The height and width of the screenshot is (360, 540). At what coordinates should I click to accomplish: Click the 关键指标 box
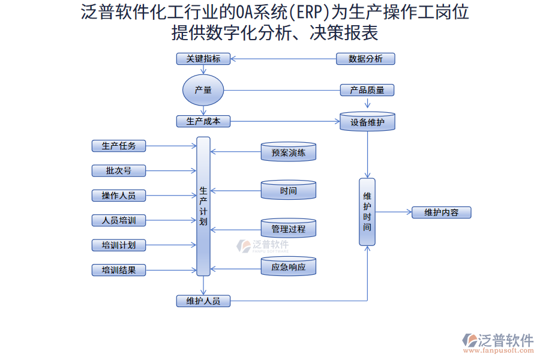pyautogui.click(x=203, y=59)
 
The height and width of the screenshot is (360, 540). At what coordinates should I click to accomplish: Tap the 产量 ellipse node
pyautogui.click(x=203, y=91)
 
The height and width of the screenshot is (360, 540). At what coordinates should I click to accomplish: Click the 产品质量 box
pyautogui.click(x=367, y=91)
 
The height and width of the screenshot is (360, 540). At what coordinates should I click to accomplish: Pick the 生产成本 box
pyautogui.click(x=203, y=121)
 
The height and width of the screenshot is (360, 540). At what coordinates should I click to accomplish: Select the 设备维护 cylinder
pyautogui.click(x=367, y=122)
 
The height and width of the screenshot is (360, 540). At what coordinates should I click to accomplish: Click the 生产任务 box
pyautogui.click(x=119, y=146)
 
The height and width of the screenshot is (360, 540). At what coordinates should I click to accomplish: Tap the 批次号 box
pyautogui.click(x=119, y=170)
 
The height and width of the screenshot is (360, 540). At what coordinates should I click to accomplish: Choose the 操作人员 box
pyautogui.click(x=119, y=196)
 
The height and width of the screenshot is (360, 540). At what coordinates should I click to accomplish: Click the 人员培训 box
pyautogui.click(x=119, y=220)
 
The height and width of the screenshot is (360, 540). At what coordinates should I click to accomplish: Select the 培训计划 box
pyautogui.click(x=119, y=245)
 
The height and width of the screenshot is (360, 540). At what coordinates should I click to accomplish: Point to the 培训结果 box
pyautogui.click(x=119, y=270)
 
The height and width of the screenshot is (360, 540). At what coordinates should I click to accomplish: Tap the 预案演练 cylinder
pyautogui.click(x=289, y=152)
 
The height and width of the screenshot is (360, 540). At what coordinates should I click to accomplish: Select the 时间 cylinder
pyautogui.click(x=289, y=190)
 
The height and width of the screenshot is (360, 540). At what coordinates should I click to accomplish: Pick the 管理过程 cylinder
pyautogui.click(x=289, y=229)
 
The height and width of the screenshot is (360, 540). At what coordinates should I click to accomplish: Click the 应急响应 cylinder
pyautogui.click(x=289, y=266)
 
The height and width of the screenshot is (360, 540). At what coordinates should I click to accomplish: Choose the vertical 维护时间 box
pyautogui.click(x=367, y=212)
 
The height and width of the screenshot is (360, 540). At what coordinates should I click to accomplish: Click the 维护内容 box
pyautogui.click(x=441, y=212)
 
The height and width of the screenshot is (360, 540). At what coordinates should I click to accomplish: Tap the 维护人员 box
pyautogui.click(x=203, y=301)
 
